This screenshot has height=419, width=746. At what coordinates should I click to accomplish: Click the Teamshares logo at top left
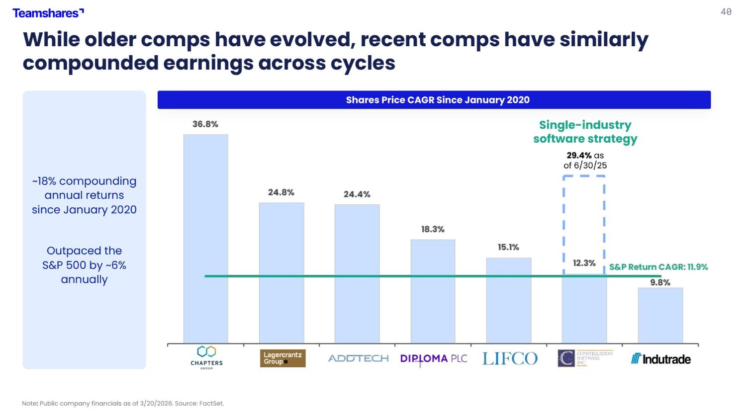[x=48, y=13]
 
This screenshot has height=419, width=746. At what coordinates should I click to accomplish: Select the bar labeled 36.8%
[x=205, y=239]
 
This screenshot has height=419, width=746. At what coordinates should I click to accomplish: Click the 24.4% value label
[x=357, y=194]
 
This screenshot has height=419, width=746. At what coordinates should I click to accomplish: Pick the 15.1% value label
[x=508, y=247]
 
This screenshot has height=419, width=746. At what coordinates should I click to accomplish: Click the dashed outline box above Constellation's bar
[x=584, y=224]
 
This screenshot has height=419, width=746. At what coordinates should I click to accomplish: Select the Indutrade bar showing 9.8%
[x=660, y=315]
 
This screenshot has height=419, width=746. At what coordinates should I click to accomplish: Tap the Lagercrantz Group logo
[x=282, y=358]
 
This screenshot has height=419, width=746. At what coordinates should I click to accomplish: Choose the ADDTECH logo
[x=358, y=358]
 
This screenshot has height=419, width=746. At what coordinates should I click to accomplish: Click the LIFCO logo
[x=510, y=358]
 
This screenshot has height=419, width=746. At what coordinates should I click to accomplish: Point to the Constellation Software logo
[x=585, y=358]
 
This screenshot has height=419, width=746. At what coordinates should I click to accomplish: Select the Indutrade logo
[x=660, y=359]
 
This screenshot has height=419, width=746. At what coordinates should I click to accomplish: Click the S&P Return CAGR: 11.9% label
[x=658, y=267]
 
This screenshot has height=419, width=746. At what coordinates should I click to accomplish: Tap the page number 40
[x=726, y=12]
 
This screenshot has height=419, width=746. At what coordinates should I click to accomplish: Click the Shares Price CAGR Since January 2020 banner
[x=434, y=100]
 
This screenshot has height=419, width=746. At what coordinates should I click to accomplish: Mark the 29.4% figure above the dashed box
[x=579, y=156]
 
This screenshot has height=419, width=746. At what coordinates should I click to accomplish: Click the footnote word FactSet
[x=211, y=404]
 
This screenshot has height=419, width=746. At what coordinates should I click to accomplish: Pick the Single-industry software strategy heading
[x=585, y=132]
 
